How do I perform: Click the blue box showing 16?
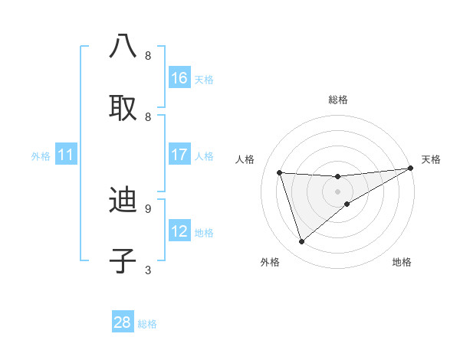tap(179, 78)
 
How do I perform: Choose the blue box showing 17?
tap(179, 155)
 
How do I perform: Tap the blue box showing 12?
tap(179, 231)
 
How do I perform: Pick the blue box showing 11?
tap(66, 155)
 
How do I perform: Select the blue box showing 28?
tap(123, 322)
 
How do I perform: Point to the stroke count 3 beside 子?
tap(148, 270)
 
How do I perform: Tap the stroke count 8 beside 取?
tap(148, 116)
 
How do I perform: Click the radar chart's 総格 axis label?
tap(338, 100)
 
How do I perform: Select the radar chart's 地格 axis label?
tap(402, 263)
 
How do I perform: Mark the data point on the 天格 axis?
tap(410, 169)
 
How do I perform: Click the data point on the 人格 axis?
tap(280, 172)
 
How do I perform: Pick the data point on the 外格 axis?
tap(301, 242)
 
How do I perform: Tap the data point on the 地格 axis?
tap(347, 204)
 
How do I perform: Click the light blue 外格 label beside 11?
tap(41, 156)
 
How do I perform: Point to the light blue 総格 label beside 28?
tap(148, 323)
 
